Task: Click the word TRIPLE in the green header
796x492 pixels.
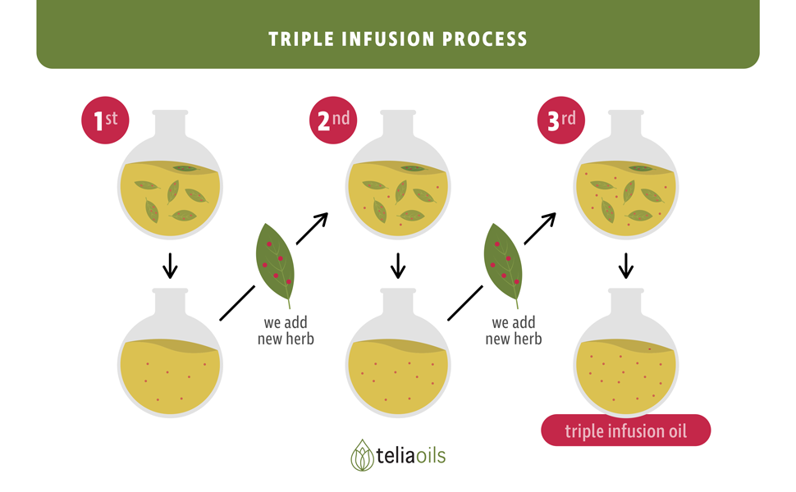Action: coord(301,39)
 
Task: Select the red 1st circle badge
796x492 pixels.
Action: coord(105,121)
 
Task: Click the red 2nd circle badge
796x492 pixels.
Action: coord(333,121)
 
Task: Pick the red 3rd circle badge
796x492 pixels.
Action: coord(561,121)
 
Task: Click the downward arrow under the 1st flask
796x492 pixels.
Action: coord(170,266)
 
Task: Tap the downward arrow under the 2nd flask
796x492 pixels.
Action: coord(398,266)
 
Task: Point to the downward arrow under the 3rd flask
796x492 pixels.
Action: coord(626,266)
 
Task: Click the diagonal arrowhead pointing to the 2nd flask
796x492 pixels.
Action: coord(321,220)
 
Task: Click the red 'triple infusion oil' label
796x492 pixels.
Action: coord(626,430)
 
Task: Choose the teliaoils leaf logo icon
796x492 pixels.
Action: coord(362,455)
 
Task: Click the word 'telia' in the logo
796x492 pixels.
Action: coord(395,455)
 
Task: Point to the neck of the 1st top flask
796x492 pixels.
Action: coord(170,124)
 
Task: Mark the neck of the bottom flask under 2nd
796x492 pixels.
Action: coord(398,303)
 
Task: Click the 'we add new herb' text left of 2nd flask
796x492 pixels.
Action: coord(286,330)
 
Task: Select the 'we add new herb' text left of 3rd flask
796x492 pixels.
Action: coord(514,330)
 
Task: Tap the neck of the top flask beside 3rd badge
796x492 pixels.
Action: coord(626,124)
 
